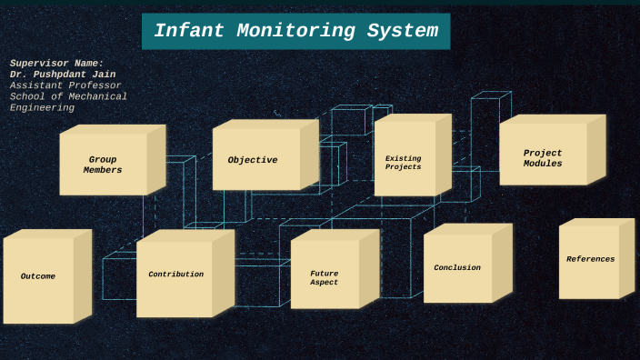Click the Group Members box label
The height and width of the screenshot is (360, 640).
point(103,165)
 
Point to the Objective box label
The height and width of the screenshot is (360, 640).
point(253,160)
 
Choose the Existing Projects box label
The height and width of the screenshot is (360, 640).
point(403,163)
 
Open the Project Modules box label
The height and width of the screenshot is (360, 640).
point(543,158)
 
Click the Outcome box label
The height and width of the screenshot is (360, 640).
point(38,276)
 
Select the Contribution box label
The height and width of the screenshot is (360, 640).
point(175,274)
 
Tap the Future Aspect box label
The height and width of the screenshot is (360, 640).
point(324,277)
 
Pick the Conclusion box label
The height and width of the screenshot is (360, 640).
point(457,267)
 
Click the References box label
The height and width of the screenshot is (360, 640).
point(590,259)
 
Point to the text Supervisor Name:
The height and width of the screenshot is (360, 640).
point(56,63)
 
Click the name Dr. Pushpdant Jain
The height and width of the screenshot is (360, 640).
point(63,74)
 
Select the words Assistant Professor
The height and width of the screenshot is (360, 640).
point(65,85)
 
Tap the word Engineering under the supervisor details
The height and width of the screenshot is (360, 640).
point(42,107)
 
